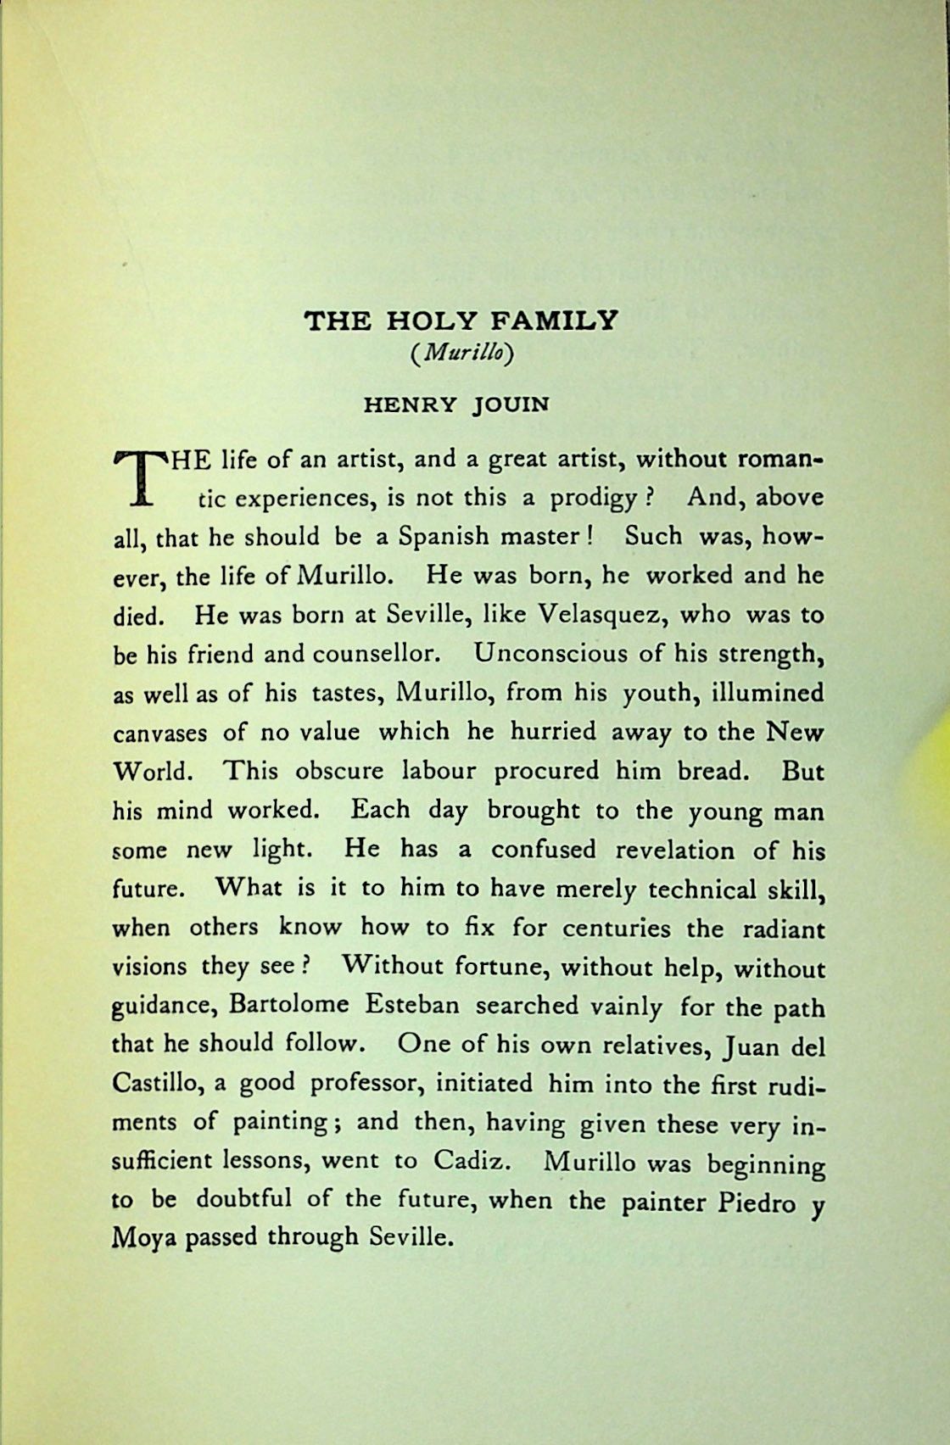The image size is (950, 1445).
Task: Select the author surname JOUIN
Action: [x=511, y=404]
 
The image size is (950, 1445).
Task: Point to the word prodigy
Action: [x=591, y=498]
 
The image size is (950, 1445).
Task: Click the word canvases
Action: [x=159, y=732]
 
